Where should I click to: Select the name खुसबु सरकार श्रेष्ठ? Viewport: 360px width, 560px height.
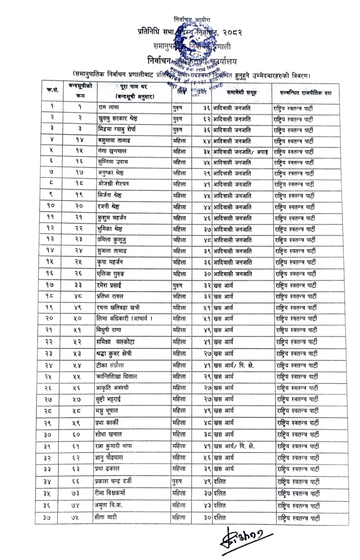(118, 118)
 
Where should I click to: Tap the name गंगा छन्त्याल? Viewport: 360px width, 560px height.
(112, 151)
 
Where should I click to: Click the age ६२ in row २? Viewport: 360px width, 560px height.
(206, 119)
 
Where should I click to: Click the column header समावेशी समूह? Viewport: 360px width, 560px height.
(242, 93)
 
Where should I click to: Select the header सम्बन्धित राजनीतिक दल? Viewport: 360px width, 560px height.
(306, 93)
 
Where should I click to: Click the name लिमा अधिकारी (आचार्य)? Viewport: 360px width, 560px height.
(125, 319)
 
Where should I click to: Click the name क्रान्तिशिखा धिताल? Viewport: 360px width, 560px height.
(117, 376)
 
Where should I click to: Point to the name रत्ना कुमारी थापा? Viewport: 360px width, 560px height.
(114, 446)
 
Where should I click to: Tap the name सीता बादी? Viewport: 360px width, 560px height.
(107, 517)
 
